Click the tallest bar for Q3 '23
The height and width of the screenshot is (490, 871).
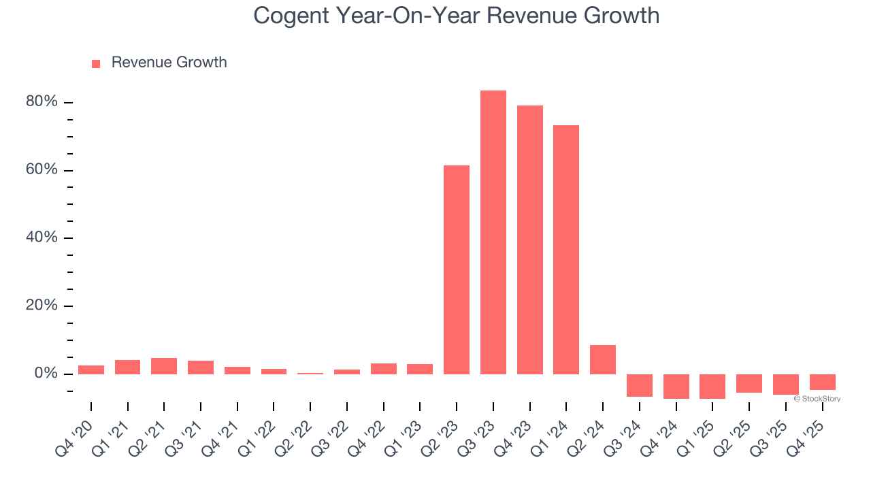[493, 232]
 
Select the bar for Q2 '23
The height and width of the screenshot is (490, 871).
[457, 269]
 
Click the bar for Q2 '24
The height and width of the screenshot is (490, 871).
[603, 359]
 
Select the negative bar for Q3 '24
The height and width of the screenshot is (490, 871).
[640, 385]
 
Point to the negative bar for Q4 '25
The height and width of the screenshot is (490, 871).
[822, 382]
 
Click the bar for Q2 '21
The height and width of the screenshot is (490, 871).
[164, 366]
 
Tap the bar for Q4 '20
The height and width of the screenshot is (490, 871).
[91, 370]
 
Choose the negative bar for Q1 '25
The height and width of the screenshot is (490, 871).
[712, 386]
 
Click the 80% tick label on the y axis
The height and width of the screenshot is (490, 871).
[42, 102]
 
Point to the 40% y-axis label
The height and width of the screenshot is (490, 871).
[42, 238]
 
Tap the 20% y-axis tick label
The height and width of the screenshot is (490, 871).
[42, 306]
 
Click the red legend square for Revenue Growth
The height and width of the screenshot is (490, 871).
[96, 63]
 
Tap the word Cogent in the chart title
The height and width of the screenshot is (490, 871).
[293, 16]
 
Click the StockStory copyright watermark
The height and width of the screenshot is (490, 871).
[817, 399]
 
